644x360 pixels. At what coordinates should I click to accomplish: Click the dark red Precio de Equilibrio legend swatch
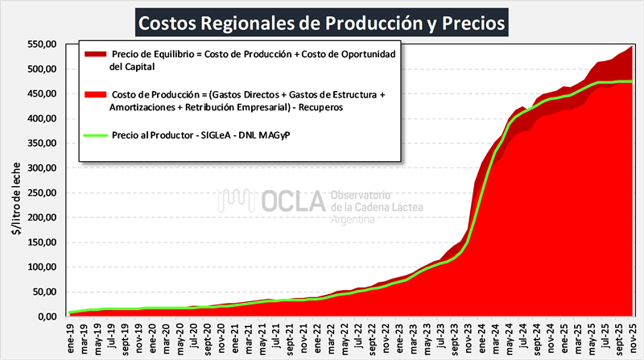[94, 54]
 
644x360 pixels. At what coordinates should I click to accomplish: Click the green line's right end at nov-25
[631, 81]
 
